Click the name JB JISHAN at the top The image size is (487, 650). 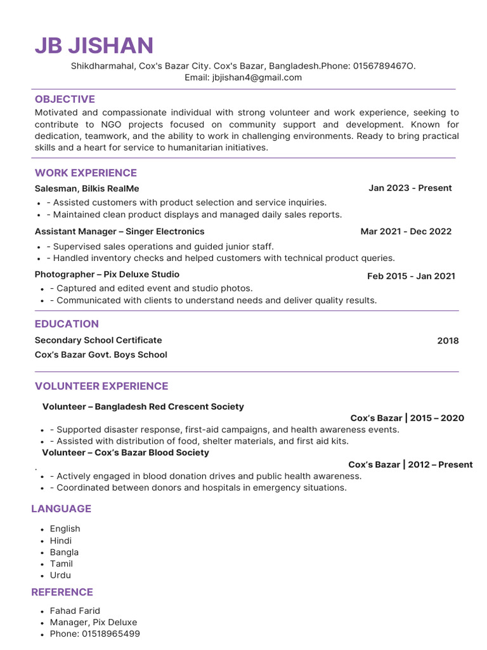[x=94, y=46]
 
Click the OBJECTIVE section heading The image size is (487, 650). [x=65, y=99]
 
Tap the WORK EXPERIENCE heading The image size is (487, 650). [x=86, y=173]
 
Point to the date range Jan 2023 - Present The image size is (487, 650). [x=410, y=188]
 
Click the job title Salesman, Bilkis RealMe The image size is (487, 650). [x=87, y=189]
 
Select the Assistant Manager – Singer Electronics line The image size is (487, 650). [x=119, y=232]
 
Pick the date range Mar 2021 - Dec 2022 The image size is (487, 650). [x=406, y=232]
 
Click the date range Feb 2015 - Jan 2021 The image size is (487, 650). [x=411, y=276]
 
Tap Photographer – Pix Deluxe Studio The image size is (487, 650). [x=107, y=274]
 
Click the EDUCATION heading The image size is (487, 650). [x=67, y=324]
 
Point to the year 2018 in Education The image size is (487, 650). [x=448, y=341]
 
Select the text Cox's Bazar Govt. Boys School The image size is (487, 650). [x=101, y=355]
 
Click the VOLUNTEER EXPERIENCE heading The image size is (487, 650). [x=101, y=386]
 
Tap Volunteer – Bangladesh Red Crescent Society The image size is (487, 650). [x=143, y=406]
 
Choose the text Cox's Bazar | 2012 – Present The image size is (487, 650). [x=410, y=465]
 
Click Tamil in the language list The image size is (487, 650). [x=62, y=564]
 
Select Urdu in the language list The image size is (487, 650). [x=60, y=575]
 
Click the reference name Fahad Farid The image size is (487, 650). [x=75, y=611]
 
